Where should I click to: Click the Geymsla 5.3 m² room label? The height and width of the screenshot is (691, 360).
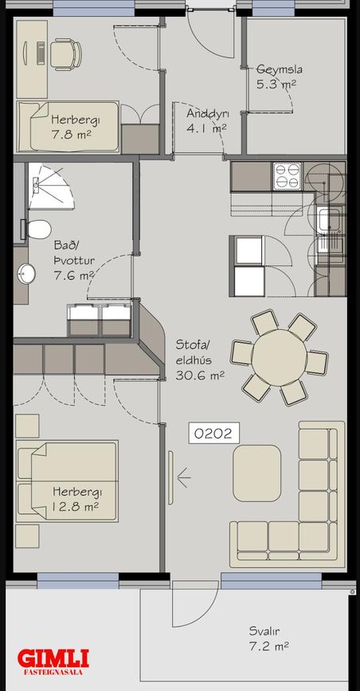tap(280, 77)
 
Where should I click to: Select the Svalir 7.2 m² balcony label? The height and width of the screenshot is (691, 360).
tap(268, 639)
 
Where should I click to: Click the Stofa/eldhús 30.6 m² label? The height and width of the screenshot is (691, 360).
tap(200, 359)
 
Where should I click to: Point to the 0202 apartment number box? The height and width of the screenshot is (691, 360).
tap(213, 434)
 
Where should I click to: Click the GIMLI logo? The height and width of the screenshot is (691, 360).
tap(53, 658)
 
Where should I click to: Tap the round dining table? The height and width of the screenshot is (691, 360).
tap(279, 357)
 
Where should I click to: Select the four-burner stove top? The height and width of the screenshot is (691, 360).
tap(287, 176)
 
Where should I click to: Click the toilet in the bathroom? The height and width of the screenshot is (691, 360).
tap(37, 230)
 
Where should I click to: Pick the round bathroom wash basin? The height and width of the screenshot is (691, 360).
tap(26, 274)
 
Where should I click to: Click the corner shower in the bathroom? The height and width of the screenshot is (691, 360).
tap(50, 186)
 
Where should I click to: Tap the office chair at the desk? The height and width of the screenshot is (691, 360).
tap(65, 54)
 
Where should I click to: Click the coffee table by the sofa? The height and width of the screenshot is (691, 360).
tap(257, 473)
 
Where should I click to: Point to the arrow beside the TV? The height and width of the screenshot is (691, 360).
tap(183, 477)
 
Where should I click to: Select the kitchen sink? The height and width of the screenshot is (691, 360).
tap(330, 220)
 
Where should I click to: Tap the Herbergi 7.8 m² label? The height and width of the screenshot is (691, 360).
tap(71, 127)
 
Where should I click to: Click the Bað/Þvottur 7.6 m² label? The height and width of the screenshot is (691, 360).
tap(74, 260)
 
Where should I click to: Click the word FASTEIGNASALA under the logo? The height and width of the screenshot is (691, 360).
tap(53, 673)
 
